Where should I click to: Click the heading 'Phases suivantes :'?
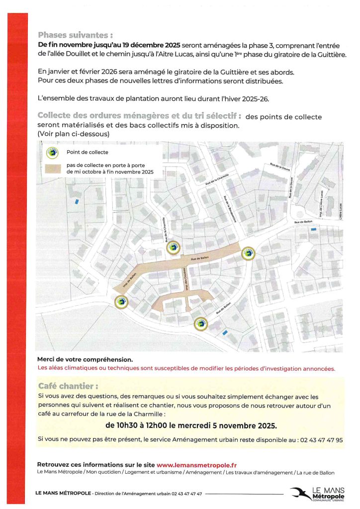pos(75,35)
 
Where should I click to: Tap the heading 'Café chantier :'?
pos(68,386)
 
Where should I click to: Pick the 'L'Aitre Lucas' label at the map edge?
pos(341,211)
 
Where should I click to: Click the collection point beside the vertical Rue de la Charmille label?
pos(173,247)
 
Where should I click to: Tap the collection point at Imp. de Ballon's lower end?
pos(121,301)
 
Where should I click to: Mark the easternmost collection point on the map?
pos(248,254)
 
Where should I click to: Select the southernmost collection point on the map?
pos(201,324)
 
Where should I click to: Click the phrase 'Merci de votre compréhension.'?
pos(85,359)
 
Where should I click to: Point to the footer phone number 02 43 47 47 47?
pos(186,494)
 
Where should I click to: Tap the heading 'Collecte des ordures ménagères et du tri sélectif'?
pos(140,116)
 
